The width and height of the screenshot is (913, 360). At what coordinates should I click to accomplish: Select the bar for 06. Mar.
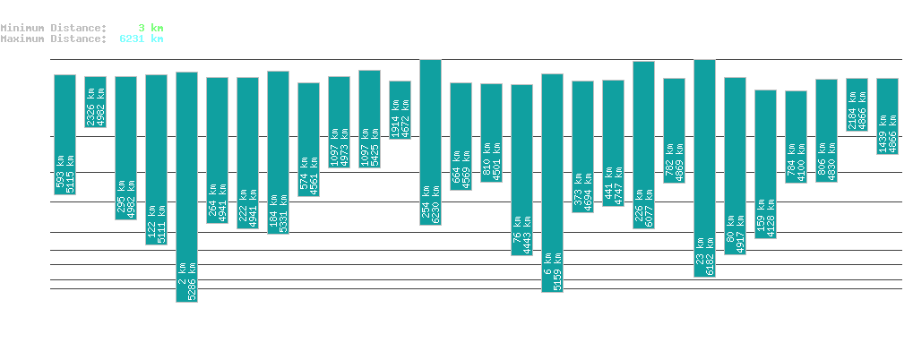(552, 183)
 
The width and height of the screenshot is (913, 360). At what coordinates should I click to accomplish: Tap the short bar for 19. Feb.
(95, 102)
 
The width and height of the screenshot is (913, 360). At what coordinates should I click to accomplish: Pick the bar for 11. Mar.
(704, 168)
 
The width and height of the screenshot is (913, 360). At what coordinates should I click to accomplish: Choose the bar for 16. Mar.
(857, 104)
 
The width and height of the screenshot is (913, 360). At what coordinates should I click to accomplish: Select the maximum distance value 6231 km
(141, 39)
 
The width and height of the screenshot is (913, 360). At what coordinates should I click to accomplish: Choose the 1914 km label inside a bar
(395, 118)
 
